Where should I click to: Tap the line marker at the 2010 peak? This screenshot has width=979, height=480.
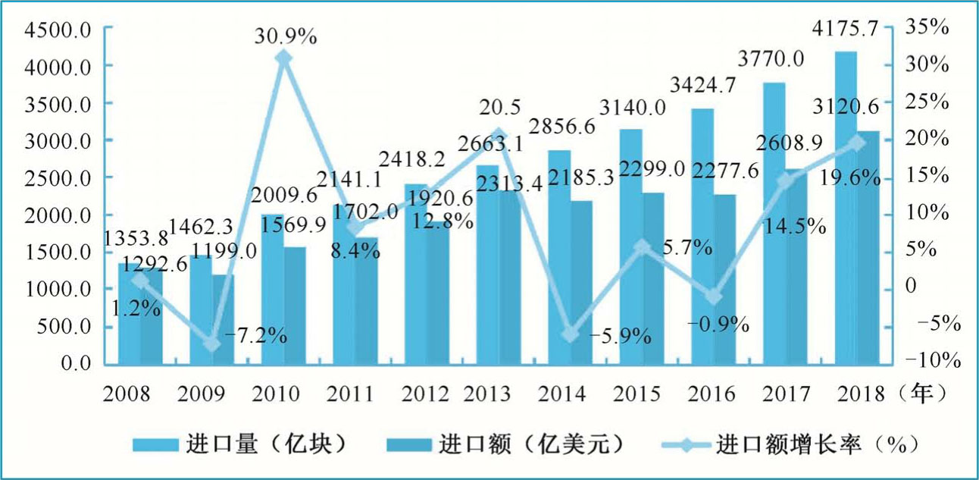pos(283,58)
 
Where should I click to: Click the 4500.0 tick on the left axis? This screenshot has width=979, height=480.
pos(58,30)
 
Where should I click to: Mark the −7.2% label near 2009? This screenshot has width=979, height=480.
pos(254,335)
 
